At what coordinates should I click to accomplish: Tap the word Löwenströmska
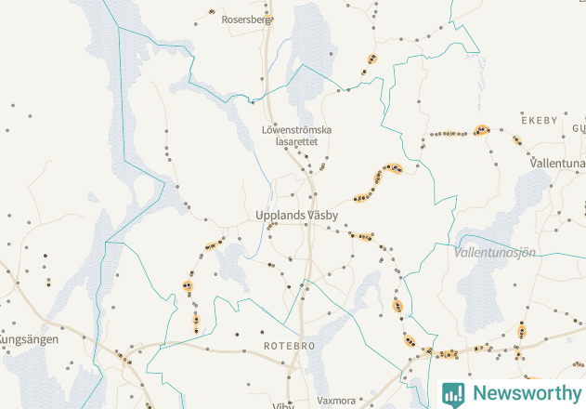point(297,130)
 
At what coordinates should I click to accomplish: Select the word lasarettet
point(297,142)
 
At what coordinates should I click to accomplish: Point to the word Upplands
point(278,215)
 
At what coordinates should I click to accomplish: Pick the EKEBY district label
point(540,121)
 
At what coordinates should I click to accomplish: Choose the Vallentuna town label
point(556,163)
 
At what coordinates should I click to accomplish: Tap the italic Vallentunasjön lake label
point(495,252)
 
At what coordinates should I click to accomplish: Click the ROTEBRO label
point(289,346)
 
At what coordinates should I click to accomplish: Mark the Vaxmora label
point(336,402)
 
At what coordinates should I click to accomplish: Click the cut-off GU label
point(579,127)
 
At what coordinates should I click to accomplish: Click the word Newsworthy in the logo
point(525,393)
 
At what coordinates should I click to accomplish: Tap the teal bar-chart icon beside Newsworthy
point(453,393)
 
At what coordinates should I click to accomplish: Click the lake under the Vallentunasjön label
point(488,297)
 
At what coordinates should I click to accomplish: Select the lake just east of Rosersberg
point(309,46)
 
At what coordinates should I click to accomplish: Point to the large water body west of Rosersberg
point(102,56)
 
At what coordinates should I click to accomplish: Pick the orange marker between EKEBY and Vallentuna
point(517,141)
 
